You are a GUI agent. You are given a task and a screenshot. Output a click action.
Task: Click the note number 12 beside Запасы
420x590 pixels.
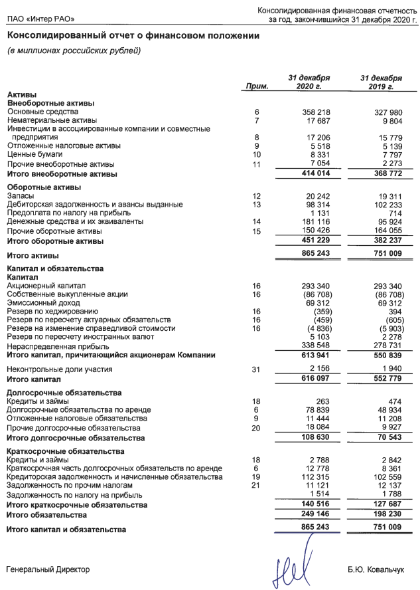coord(257,196)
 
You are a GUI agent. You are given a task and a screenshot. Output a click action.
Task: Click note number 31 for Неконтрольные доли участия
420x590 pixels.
coord(257,369)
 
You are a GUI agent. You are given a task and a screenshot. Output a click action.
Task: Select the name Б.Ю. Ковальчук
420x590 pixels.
coord(375,570)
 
